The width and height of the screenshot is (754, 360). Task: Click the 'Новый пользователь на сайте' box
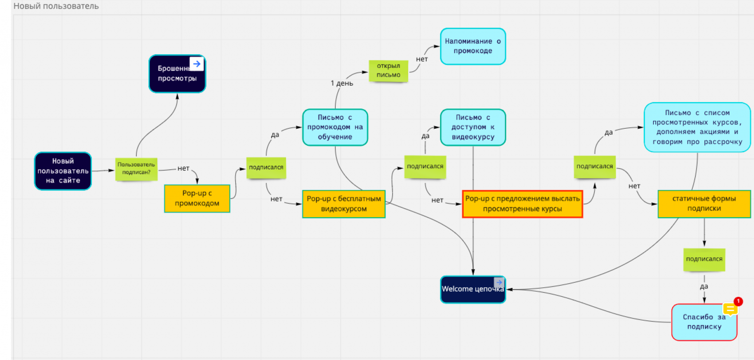[63, 171]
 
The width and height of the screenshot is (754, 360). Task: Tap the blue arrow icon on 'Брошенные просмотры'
[197, 64]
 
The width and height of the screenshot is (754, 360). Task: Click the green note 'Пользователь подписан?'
[136, 169]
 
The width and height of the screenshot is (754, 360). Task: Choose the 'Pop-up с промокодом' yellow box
[197, 198]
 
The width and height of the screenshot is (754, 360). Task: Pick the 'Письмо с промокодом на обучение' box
[335, 127]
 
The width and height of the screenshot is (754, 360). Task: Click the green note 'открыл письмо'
[388, 70]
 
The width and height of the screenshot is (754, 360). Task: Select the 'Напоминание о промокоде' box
[473, 46]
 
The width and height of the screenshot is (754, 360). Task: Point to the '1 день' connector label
[342, 83]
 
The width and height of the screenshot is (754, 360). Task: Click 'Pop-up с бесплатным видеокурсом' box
[344, 204]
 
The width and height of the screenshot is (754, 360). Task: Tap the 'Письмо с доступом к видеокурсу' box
[473, 127]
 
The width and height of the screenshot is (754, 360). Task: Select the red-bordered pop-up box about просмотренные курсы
[522, 204]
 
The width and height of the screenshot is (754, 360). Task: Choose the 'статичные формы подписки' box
[704, 204]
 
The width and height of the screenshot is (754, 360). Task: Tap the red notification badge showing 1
[738, 301]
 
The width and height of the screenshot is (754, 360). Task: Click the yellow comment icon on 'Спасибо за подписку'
[730, 309]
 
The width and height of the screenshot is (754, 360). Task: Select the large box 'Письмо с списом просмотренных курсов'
[697, 127]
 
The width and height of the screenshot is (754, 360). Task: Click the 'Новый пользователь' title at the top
[56, 6]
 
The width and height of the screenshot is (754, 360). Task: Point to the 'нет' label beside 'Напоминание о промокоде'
[422, 59]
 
